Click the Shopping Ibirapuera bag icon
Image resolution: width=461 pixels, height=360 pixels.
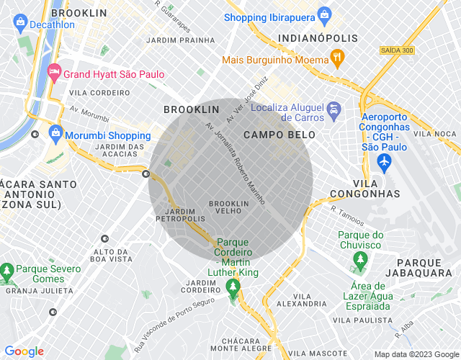[324, 16]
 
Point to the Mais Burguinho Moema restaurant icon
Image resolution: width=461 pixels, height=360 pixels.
[336, 57]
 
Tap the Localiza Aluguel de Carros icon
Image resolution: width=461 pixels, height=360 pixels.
[334, 111]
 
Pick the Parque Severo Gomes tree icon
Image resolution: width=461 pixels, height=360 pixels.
[7, 272]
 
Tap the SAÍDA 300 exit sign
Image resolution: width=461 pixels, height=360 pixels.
[397, 50]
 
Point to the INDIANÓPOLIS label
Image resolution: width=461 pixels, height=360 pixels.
[318, 37]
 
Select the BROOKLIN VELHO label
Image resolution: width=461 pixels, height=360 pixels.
[229, 207]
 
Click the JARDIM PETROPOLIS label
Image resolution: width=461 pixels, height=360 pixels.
[176, 214]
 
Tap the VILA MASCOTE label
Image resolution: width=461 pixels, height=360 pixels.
[321, 354]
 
